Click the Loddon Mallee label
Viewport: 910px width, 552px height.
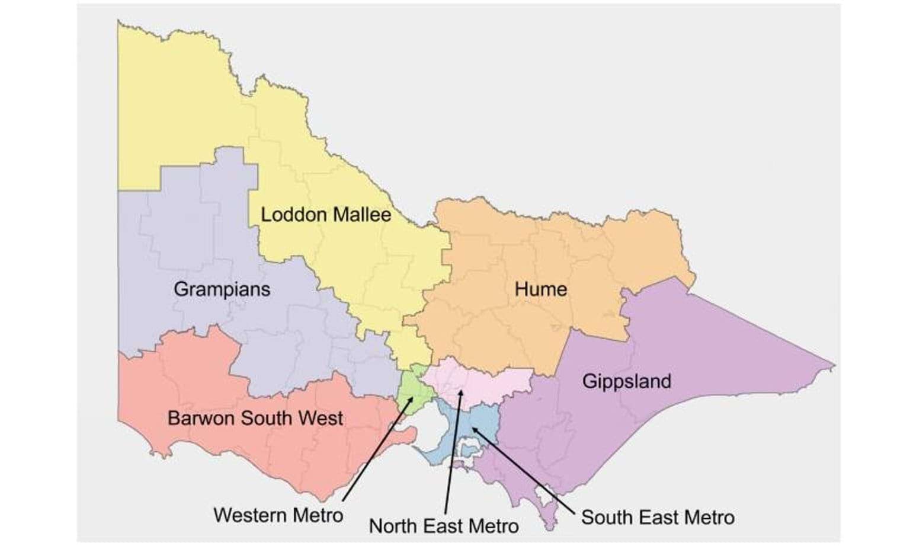point(326,215)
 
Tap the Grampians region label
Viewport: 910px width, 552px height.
point(222,289)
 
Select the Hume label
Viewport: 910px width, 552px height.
point(540,289)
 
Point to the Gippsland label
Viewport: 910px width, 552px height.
point(626,381)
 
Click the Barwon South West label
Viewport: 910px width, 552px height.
point(255,418)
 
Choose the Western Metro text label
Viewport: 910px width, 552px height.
point(278,515)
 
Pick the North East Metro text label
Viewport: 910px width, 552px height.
point(443,526)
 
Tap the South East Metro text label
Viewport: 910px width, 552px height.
point(657,518)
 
